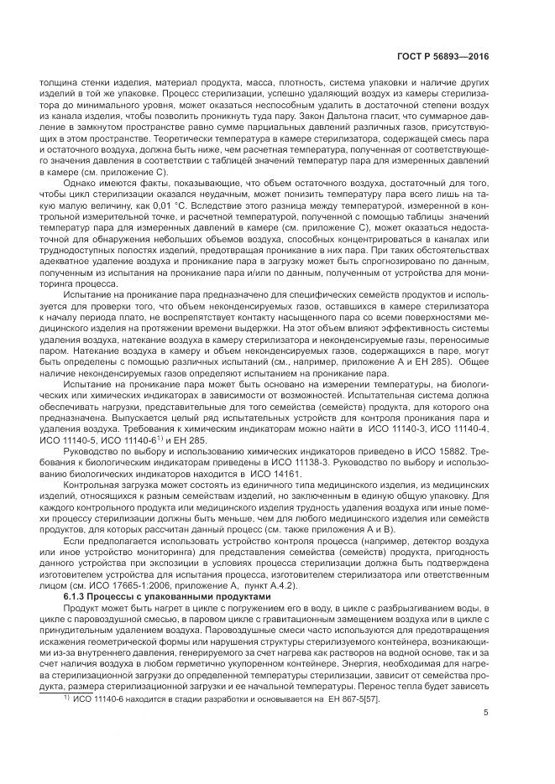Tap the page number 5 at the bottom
(x=486, y=714)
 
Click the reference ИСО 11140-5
(x=92, y=439)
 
